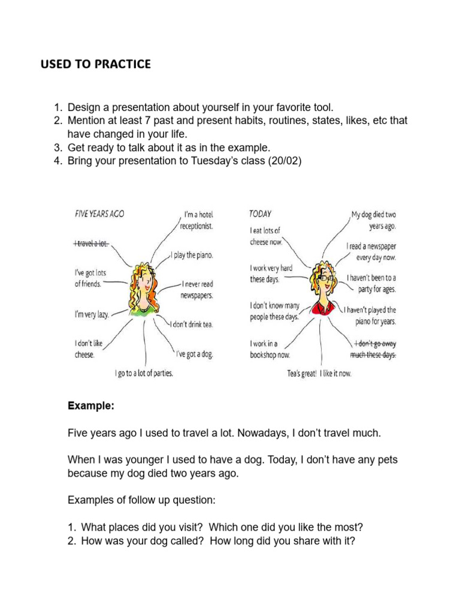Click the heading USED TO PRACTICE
click(95, 64)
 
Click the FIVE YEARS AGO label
click(99, 213)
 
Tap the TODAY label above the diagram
click(261, 213)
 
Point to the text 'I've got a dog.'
click(193, 354)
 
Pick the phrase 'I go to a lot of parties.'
click(144, 373)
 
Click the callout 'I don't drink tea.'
click(191, 324)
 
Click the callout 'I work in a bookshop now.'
click(270, 349)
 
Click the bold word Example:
click(90, 406)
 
